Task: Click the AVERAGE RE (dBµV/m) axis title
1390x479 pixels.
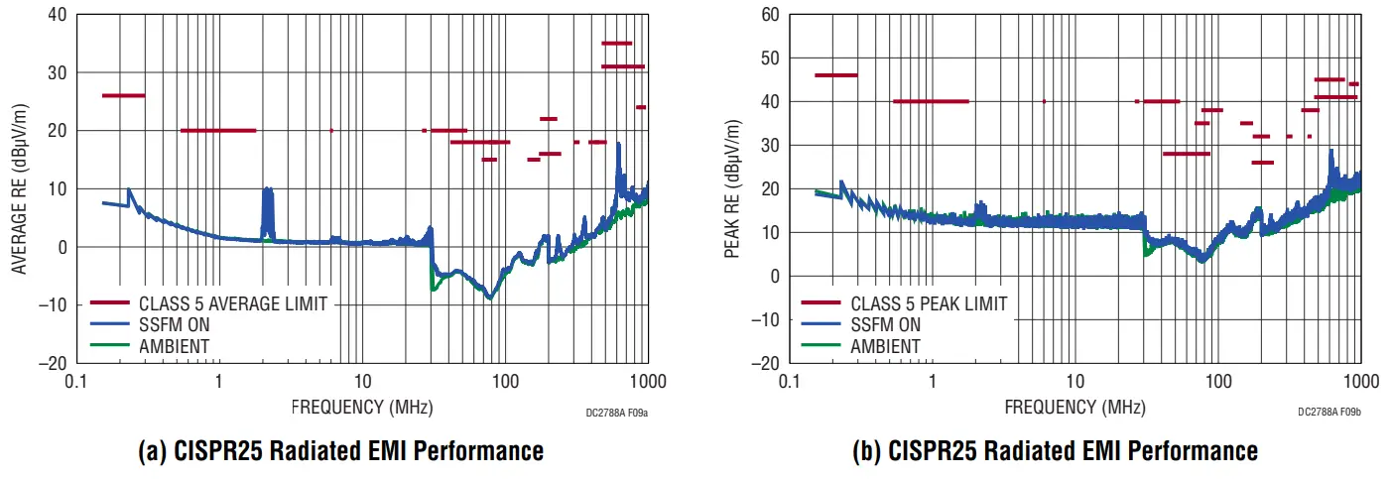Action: (x=19, y=188)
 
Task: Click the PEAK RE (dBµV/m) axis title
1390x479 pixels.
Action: (x=732, y=188)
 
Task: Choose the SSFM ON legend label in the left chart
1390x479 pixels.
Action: (x=175, y=324)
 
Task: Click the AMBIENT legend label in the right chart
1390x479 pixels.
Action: (x=885, y=346)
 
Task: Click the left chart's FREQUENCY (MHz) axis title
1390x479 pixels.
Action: (x=362, y=407)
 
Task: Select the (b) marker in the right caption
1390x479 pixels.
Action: (x=867, y=451)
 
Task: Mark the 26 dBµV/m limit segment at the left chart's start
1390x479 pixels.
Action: (x=123, y=95)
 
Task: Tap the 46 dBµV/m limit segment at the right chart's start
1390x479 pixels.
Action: (x=835, y=75)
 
